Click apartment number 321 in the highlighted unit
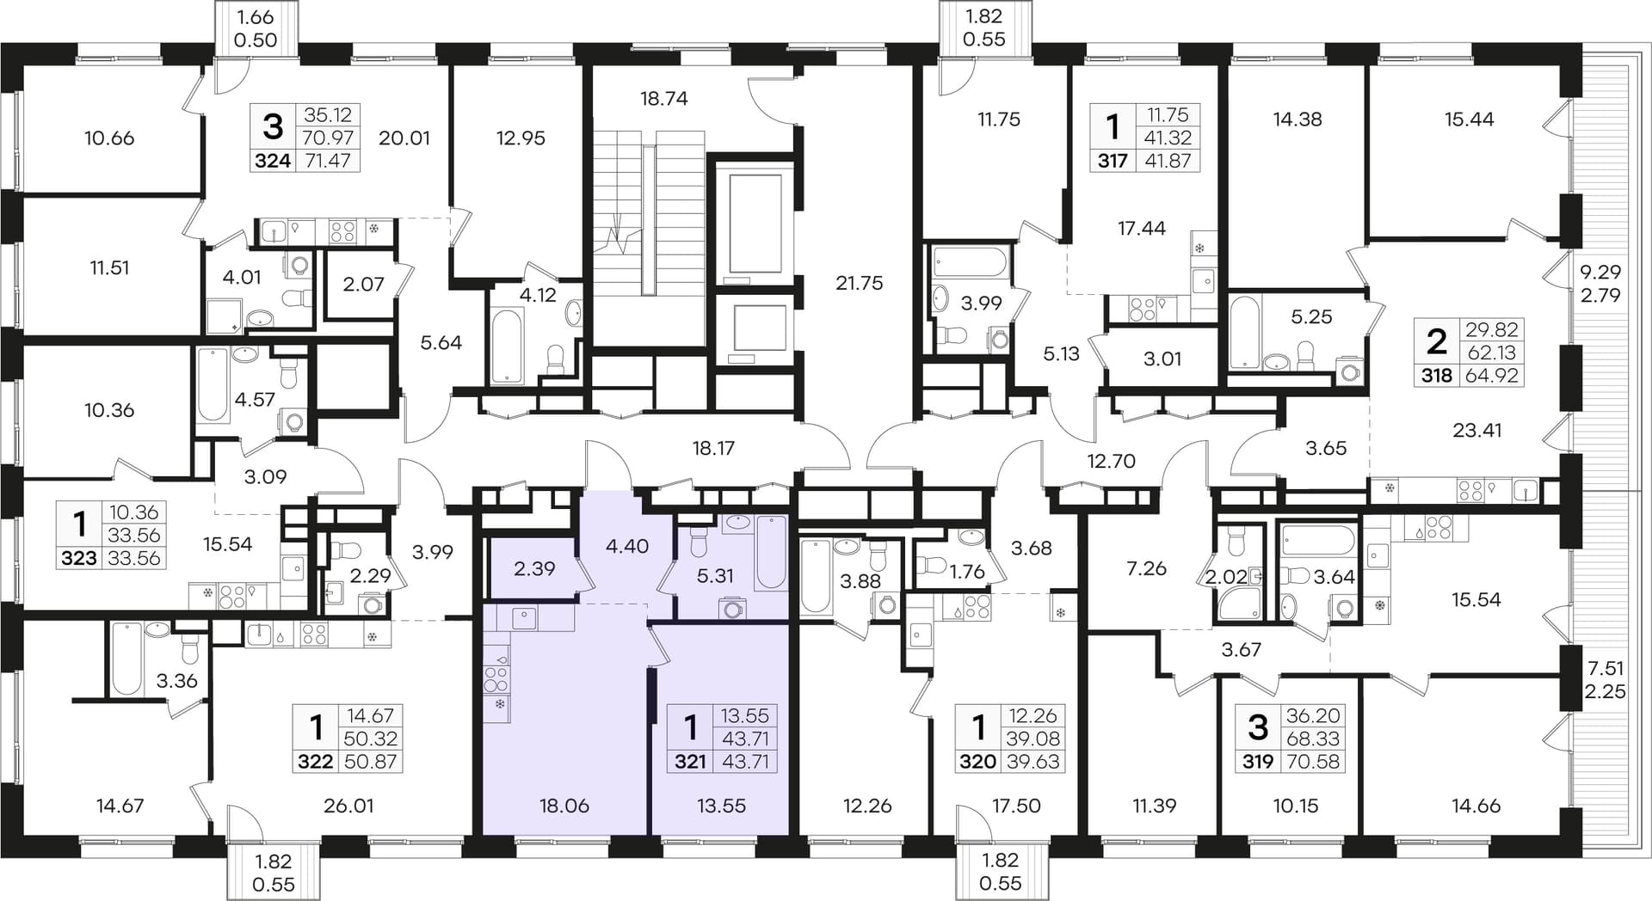690,761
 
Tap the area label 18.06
564,806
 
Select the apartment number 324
273,160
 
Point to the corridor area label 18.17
713,448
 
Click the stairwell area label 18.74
664,98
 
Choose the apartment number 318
1437,375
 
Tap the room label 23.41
1476,430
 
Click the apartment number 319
1258,761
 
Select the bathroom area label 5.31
715,575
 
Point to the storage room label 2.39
534,568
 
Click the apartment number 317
1113,160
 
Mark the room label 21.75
859,283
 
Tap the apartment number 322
315,761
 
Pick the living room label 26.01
348,806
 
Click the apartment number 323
79,558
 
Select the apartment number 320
977,761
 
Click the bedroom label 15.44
1469,119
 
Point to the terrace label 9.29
1600,273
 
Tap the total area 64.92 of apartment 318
1492,375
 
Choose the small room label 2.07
363,283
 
